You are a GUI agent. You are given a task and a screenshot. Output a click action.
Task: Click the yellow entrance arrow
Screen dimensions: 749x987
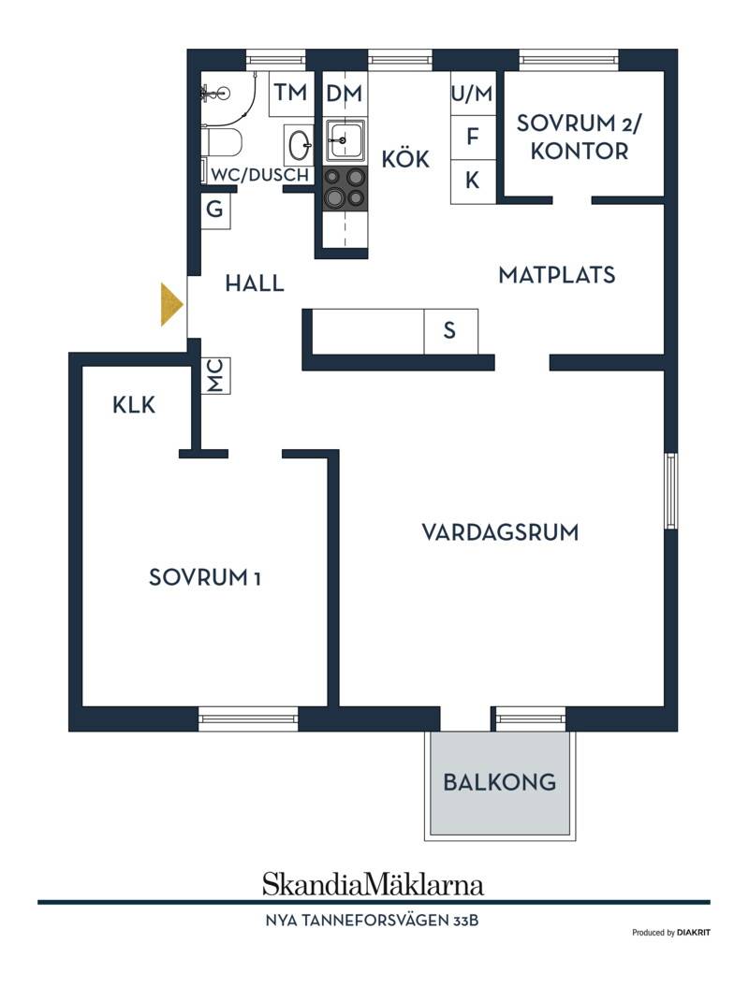(x=170, y=305)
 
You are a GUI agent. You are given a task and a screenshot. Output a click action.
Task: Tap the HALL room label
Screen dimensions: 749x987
(x=255, y=283)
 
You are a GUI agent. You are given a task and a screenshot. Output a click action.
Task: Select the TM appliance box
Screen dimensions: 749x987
(x=291, y=94)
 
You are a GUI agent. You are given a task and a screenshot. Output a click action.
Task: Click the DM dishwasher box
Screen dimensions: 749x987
(x=345, y=94)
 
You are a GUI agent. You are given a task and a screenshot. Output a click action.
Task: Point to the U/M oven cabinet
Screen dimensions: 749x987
(x=473, y=94)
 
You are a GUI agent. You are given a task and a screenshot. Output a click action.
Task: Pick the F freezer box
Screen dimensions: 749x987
(x=473, y=137)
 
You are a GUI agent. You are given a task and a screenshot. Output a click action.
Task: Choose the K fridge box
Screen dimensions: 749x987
(x=473, y=181)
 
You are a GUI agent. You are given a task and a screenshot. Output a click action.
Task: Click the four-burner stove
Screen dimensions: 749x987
(x=345, y=188)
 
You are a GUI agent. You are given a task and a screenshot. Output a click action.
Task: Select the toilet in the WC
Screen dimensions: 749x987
(x=221, y=143)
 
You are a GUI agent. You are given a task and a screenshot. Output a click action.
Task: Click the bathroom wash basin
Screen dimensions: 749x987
(x=299, y=145)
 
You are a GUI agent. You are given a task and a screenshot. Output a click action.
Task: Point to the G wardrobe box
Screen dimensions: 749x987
(x=215, y=209)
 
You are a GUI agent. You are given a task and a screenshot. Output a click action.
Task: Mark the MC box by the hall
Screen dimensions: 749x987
(x=215, y=376)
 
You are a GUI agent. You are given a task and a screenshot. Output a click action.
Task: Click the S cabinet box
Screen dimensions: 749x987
(x=450, y=330)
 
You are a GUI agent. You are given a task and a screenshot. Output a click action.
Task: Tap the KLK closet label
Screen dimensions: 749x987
(x=134, y=405)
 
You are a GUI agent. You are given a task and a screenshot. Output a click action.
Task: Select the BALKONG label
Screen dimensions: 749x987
(x=500, y=782)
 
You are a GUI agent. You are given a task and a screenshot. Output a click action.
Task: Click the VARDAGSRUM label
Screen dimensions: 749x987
(x=500, y=532)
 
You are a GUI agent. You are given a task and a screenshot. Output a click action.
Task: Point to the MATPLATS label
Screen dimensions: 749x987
(x=557, y=275)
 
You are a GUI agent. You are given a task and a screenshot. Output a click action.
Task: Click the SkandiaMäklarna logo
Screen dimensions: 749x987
(x=373, y=884)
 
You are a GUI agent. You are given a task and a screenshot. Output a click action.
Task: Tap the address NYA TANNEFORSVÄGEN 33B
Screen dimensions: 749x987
(x=372, y=921)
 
